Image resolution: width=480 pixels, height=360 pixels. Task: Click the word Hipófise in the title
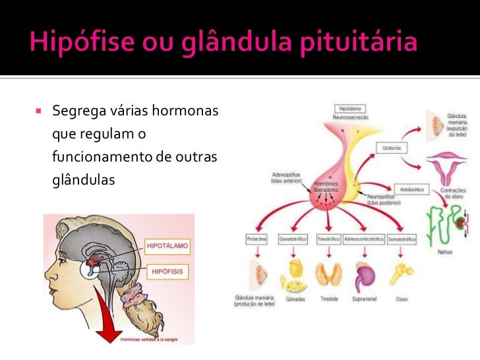(x=72, y=44)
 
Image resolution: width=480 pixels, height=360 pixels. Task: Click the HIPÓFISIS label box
(x=167, y=271)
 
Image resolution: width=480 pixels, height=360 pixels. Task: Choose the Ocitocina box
(x=391, y=149)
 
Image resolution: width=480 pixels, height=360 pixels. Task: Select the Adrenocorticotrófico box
(x=363, y=239)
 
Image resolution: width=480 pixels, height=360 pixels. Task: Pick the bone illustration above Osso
(x=402, y=272)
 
